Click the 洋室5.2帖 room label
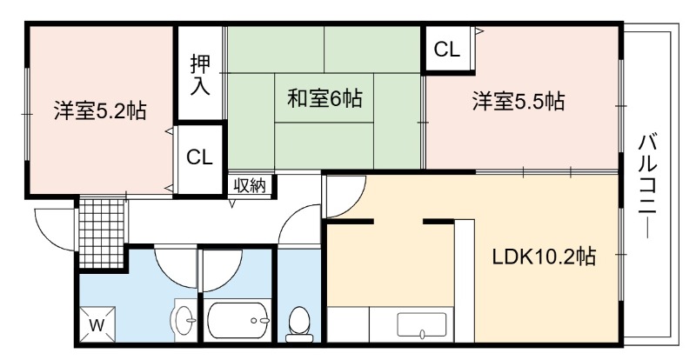tap(100, 110)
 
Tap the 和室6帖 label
tap(325, 98)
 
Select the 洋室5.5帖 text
tap(518, 101)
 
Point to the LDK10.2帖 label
tap(545, 257)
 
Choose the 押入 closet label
tap(200, 75)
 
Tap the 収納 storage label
tap(250, 185)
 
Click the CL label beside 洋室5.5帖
tap(446, 50)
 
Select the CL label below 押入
tap(199, 157)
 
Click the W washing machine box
tap(97, 324)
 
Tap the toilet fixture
tap(298, 324)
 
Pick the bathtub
tap(238, 321)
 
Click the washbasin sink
tap(184, 320)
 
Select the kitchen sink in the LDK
tap(422, 324)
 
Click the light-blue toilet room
tap(298, 294)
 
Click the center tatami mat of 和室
tap(324, 97)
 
